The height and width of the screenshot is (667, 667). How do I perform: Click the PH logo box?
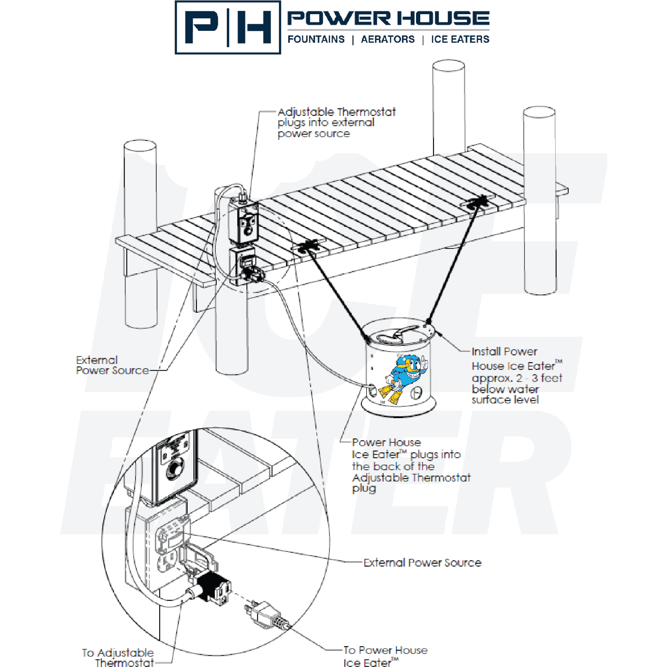[x=228, y=28]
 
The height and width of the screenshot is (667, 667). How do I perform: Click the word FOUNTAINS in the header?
[x=316, y=40]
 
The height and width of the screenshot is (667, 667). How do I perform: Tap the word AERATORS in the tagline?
[x=388, y=40]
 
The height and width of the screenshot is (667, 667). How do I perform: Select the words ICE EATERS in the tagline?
[x=460, y=40]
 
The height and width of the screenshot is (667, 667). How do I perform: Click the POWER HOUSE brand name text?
[x=388, y=18]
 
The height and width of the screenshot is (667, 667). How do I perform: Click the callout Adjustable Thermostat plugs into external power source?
[x=336, y=123]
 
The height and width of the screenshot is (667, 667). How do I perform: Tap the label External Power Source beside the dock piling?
[x=112, y=365]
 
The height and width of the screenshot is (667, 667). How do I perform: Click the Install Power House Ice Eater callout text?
[x=516, y=375]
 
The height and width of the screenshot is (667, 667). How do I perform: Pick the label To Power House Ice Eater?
[x=385, y=656]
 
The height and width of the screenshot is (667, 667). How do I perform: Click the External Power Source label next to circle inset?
[x=422, y=563]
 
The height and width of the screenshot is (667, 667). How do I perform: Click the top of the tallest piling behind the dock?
[x=449, y=66]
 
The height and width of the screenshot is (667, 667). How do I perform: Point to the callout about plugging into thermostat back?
[x=411, y=465]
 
